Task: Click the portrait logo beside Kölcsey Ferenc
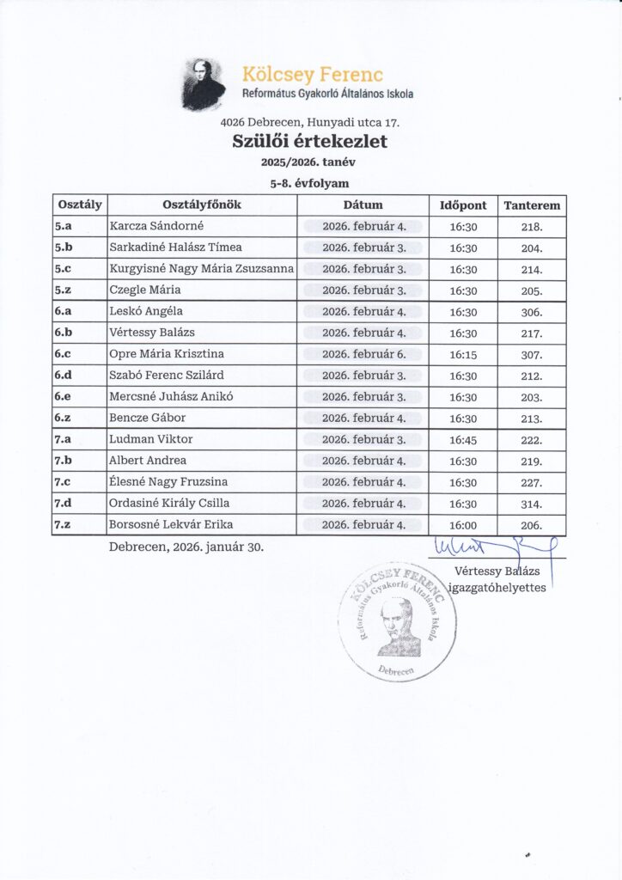click(x=204, y=84)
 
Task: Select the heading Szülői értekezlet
click(x=310, y=142)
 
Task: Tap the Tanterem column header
click(x=532, y=205)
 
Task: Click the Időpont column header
click(x=463, y=205)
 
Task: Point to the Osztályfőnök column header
click(x=202, y=205)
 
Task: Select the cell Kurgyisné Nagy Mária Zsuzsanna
click(x=202, y=269)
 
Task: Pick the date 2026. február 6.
click(x=363, y=354)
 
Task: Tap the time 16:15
click(x=463, y=354)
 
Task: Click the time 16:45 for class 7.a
click(x=463, y=439)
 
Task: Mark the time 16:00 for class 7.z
click(x=463, y=524)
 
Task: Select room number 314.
click(x=532, y=504)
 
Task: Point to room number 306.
click(x=532, y=312)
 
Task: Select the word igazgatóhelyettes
click(x=497, y=588)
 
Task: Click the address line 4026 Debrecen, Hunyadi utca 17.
click(x=310, y=122)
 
